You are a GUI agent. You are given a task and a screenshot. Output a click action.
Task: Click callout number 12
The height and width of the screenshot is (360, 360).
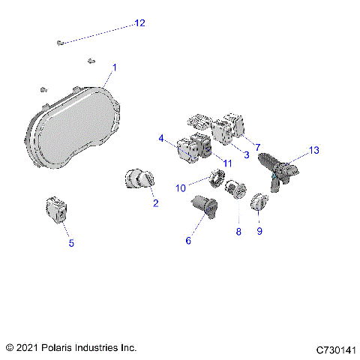(139, 23)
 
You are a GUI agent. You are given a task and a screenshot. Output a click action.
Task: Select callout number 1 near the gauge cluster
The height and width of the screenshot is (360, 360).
(114, 68)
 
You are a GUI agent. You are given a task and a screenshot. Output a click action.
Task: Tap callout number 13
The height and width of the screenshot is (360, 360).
(313, 150)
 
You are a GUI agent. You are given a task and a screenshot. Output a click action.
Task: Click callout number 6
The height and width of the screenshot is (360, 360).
(188, 240)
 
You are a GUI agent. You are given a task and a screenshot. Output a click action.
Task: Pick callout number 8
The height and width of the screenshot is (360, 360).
(238, 232)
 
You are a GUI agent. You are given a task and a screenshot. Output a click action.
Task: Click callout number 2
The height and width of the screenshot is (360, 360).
(155, 202)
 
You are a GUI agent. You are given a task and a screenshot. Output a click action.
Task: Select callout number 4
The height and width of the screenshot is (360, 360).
(161, 138)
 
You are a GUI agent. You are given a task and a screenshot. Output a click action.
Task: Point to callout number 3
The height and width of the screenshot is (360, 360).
(244, 154)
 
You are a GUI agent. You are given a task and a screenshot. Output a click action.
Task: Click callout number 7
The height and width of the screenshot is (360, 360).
(257, 147)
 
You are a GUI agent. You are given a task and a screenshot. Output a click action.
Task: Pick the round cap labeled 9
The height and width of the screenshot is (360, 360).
(258, 202)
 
